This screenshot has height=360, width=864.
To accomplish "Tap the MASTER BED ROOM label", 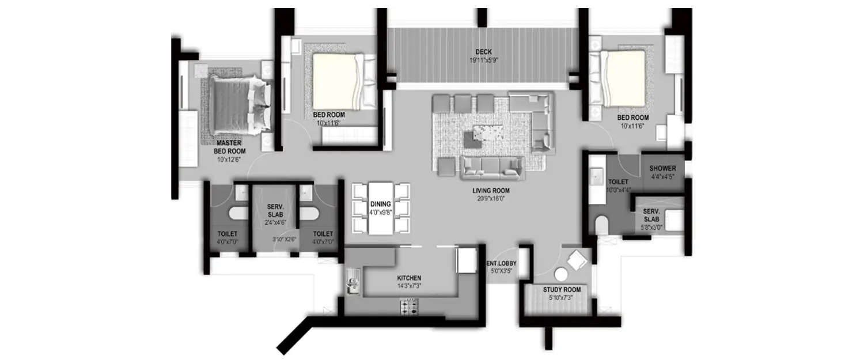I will (x=229, y=146).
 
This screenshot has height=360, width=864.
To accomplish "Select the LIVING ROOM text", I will (x=491, y=190).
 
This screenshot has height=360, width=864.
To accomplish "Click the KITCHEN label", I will (x=409, y=278).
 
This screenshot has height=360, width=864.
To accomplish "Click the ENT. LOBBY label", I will (x=502, y=264).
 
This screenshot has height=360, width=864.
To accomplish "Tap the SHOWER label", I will (x=662, y=168).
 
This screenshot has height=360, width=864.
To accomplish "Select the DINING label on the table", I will (x=381, y=204).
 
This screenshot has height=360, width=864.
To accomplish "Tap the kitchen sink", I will (x=352, y=283).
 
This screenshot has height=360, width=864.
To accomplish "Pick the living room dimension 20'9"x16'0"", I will (x=491, y=199).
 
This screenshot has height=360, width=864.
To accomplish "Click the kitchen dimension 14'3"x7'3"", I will (x=409, y=286).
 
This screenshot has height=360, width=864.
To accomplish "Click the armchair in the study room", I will (x=577, y=261).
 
